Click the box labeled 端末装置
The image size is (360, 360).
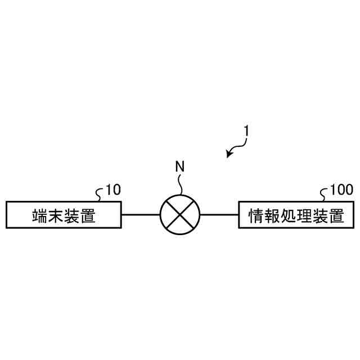tap(63, 214)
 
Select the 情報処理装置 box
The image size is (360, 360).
tap(296, 214)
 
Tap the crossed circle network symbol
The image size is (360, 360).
tap(180, 214)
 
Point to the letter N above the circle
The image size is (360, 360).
tap(179, 166)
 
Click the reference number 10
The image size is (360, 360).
tap(113, 190)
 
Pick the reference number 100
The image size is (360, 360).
tap(341, 190)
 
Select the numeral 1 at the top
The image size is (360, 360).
tap(246, 130)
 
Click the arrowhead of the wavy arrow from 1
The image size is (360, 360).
tap(229, 154)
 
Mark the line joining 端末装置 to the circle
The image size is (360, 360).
tap(141, 214)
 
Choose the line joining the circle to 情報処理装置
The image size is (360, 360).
tap(219, 214)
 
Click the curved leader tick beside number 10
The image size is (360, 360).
tap(100, 194)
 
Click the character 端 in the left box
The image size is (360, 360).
tap(39, 215)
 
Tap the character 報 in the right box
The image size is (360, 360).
tap(272, 215)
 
